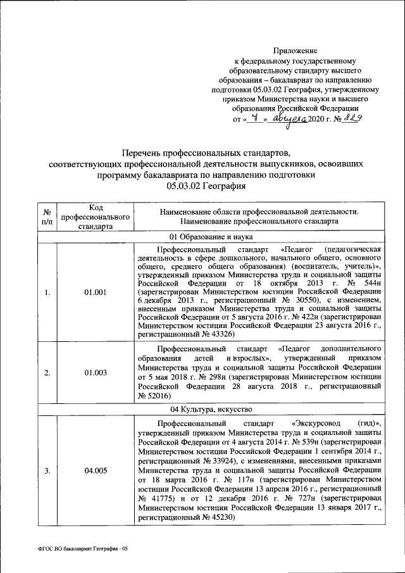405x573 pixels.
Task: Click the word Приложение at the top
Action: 296,49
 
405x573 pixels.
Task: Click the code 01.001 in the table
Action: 95,292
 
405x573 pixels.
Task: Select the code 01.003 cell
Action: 95,372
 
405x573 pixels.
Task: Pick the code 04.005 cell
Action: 95,470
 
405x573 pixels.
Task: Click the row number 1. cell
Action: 47,292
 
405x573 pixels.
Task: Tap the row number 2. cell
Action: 47,372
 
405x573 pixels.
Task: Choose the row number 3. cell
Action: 47,470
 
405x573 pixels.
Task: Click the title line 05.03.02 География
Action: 206,186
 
